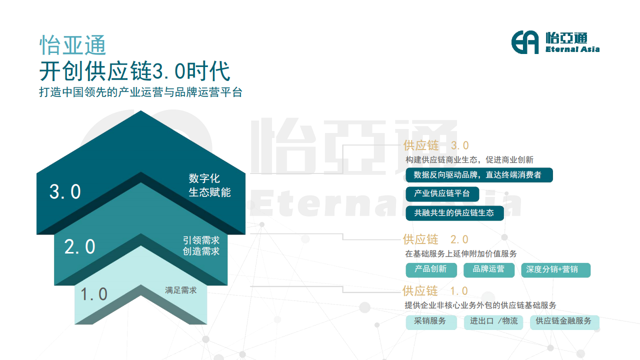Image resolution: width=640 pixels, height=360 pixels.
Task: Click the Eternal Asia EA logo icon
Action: point(525,42)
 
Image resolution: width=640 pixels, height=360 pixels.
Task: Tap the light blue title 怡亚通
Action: point(73,45)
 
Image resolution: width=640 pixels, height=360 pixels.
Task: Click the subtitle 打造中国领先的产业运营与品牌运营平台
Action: point(140,92)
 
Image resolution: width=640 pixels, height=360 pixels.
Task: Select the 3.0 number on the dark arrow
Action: point(65,191)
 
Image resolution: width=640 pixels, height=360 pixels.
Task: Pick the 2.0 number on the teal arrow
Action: point(79,246)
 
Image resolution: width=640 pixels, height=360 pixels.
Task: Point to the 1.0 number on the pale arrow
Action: point(93,294)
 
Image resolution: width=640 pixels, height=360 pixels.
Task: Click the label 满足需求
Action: point(181,290)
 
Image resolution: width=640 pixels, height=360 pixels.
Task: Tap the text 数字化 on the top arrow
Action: point(204,178)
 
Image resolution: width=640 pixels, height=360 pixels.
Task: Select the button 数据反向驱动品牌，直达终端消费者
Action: point(479,175)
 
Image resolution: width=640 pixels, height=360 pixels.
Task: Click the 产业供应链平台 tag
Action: point(442,193)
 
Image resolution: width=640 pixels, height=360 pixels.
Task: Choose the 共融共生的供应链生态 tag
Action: point(454,213)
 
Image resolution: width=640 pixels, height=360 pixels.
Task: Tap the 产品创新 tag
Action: point(431,269)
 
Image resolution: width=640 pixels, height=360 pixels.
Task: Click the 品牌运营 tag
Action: point(489,269)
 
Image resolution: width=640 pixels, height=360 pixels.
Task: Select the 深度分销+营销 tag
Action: point(555,269)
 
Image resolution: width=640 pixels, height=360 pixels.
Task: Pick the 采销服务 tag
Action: point(431,322)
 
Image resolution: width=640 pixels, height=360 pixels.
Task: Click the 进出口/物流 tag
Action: point(493,322)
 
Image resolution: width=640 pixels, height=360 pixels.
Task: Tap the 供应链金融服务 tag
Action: point(564,322)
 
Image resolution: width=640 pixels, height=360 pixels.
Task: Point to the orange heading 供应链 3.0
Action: point(436,145)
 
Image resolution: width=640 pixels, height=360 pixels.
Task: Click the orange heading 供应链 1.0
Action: point(435,291)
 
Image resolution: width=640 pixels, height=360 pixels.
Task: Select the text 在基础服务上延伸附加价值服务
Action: point(461,253)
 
